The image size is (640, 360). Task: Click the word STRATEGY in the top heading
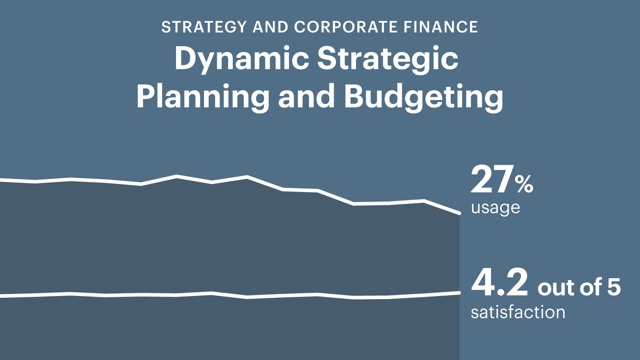tap(204, 27)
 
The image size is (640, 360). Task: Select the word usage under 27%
tap(496, 208)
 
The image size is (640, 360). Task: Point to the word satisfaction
tap(518, 312)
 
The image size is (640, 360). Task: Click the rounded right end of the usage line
tap(459, 213)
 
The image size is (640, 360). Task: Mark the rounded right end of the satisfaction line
tap(459, 292)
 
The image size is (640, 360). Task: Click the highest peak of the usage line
tap(176, 176)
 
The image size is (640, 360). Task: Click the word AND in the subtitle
tap(270, 27)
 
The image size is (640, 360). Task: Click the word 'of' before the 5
tap(591, 287)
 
